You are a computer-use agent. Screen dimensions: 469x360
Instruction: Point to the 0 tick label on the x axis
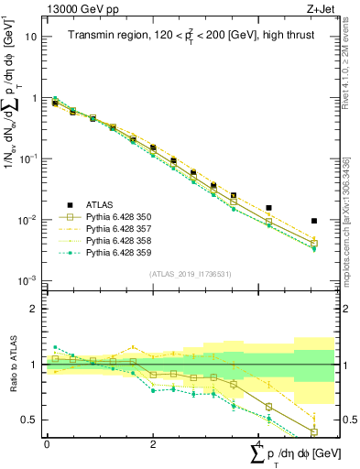pyautogui.click(x=47, y=443)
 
